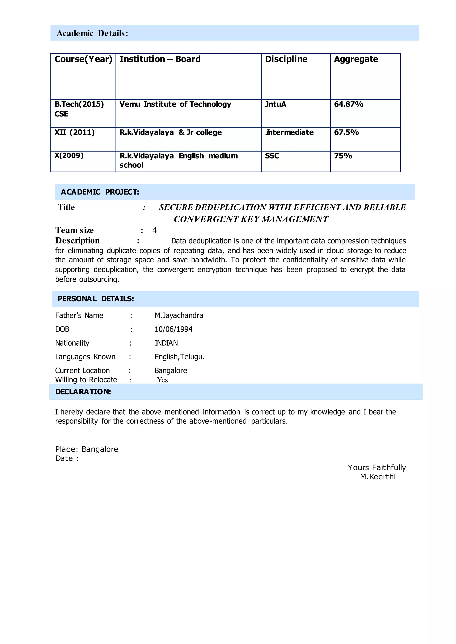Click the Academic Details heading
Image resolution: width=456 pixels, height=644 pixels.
click(92, 33)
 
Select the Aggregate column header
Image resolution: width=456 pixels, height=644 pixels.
click(356, 59)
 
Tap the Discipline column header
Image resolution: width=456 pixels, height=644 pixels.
click(286, 59)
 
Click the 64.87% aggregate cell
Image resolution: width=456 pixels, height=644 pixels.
click(348, 104)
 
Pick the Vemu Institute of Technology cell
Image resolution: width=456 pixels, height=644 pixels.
click(175, 104)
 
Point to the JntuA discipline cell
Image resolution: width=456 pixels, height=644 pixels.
click(275, 104)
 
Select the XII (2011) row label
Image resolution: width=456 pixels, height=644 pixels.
click(74, 132)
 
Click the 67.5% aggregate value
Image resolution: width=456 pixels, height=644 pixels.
click(346, 132)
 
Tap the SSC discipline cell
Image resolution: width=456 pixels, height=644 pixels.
click(272, 156)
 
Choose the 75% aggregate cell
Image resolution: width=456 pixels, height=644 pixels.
click(343, 156)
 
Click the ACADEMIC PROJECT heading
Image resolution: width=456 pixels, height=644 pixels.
click(100, 192)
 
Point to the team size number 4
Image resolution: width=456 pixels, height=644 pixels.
click(155, 230)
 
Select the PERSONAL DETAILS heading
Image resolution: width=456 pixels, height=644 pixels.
click(96, 299)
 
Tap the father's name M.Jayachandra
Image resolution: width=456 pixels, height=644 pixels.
click(179, 316)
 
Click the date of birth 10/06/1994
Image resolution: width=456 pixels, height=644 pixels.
click(173, 329)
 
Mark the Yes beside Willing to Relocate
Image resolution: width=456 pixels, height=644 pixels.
click(162, 380)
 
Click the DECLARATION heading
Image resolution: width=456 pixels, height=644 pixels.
click(83, 392)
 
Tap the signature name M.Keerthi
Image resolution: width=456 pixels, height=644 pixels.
click(378, 477)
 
